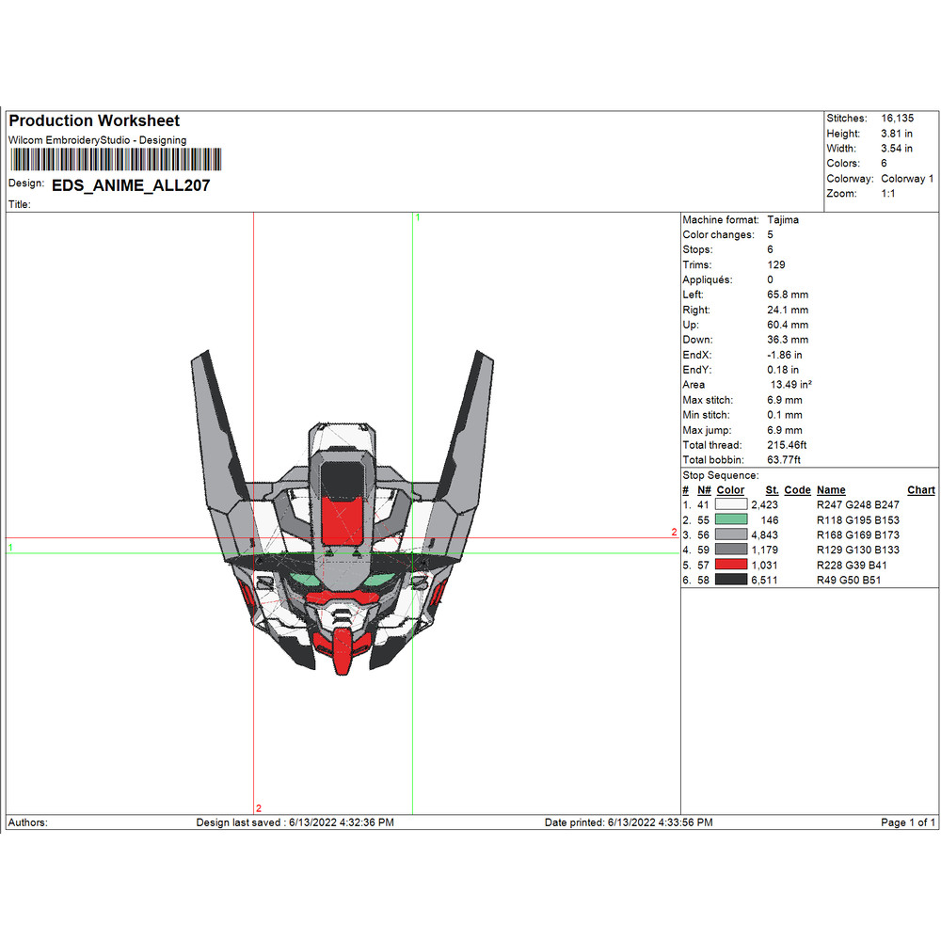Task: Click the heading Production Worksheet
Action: pyautogui.click(x=94, y=120)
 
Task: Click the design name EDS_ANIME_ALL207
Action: pyautogui.click(x=131, y=185)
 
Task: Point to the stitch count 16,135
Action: pyautogui.click(x=897, y=119)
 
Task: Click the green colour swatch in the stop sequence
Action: pyautogui.click(x=731, y=519)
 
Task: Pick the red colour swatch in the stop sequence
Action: pyautogui.click(x=731, y=565)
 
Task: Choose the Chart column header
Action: pyautogui.click(x=920, y=490)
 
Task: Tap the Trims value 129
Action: pyautogui.click(x=776, y=264)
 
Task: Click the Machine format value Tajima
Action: pyautogui.click(x=784, y=219)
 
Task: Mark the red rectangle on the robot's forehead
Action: pyautogui.click(x=343, y=519)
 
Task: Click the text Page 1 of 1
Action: pyautogui.click(x=908, y=822)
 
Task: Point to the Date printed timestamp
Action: pyautogui.click(x=629, y=822)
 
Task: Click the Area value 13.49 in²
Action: pyautogui.click(x=790, y=385)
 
